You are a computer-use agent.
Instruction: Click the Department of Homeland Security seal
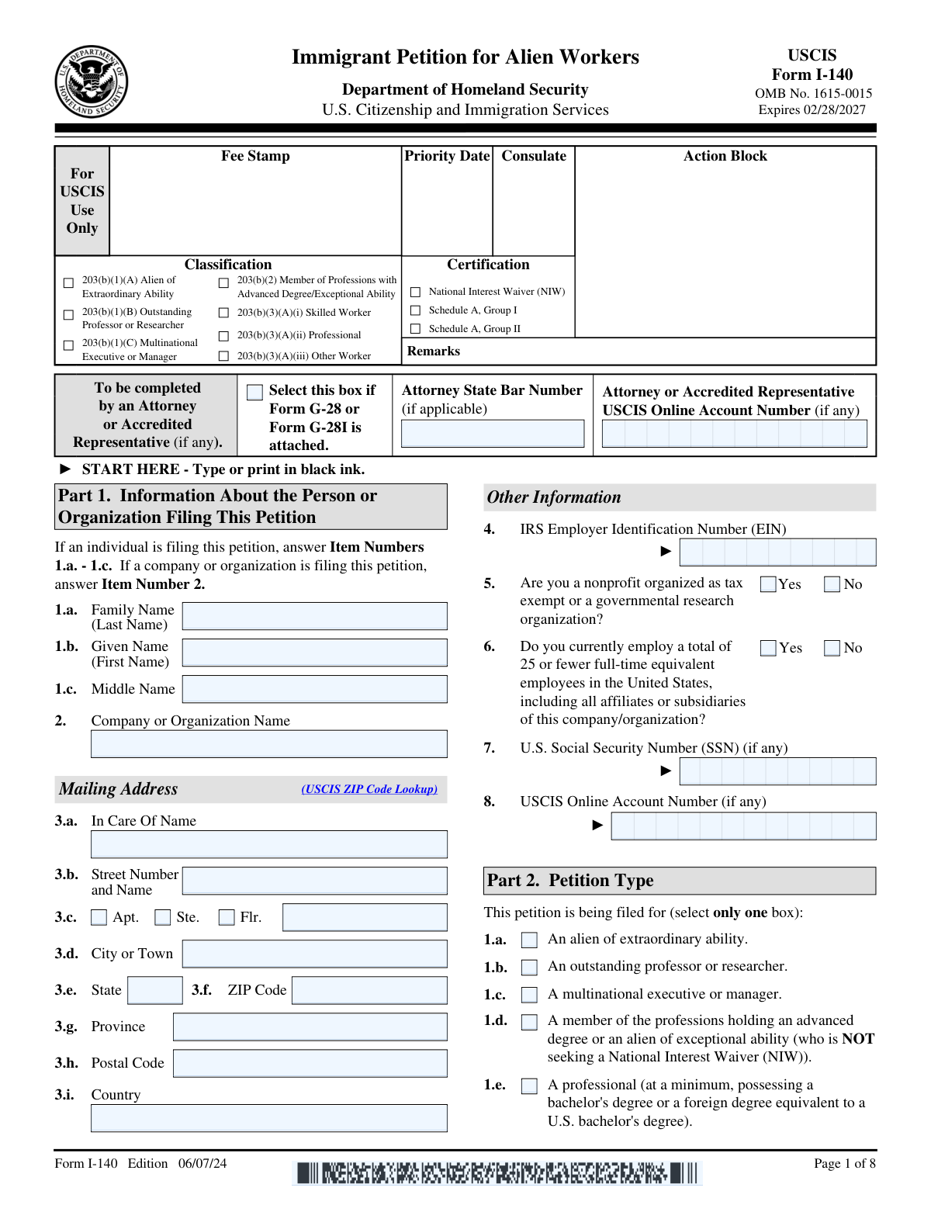click(92, 81)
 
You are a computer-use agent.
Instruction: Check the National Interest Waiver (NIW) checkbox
click(415, 292)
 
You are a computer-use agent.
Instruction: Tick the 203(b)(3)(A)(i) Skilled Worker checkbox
click(223, 313)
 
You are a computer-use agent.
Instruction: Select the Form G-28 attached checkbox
click(254, 392)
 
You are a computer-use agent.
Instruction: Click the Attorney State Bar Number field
click(493, 433)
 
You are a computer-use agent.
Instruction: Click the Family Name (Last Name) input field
click(314, 616)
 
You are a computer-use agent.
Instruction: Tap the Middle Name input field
click(314, 689)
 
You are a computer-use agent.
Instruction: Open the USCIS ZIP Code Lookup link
click(369, 789)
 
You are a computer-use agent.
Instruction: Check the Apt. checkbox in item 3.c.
click(99, 917)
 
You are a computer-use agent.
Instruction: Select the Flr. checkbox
click(227, 917)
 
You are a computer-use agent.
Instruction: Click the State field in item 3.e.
click(154, 990)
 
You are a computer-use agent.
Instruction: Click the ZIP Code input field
click(369, 990)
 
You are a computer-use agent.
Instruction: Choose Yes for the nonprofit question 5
click(768, 584)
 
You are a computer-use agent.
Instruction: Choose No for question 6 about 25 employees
click(832, 648)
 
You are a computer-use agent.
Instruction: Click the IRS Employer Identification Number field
click(777, 552)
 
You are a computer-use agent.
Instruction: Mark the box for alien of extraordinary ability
click(529, 940)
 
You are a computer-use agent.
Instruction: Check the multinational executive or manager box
click(529, 995)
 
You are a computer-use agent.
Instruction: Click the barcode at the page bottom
click(497, 1172)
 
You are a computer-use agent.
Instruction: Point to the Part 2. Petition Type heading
click(570, 881)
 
